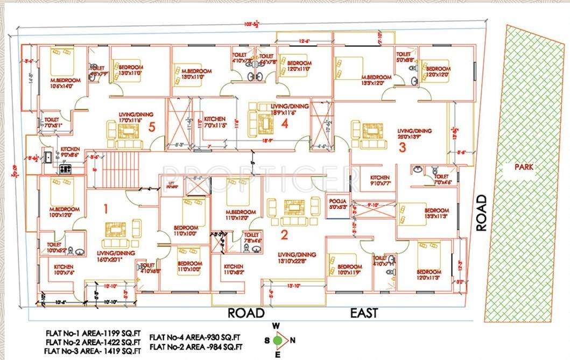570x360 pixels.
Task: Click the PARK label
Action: click(x=523, y=167)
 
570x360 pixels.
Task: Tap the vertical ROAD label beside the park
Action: click(x=481, y=213)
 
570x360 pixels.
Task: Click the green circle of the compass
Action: click(x=278, y=340)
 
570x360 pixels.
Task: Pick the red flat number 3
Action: click(x=402, y=149)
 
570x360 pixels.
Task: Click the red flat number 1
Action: click(x=106, y=207)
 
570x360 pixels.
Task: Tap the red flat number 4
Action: click(x=285, y=124)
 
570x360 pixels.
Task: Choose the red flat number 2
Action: click(x=284, y=234)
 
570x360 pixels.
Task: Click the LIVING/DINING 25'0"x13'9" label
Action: click(x=414, y=134)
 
